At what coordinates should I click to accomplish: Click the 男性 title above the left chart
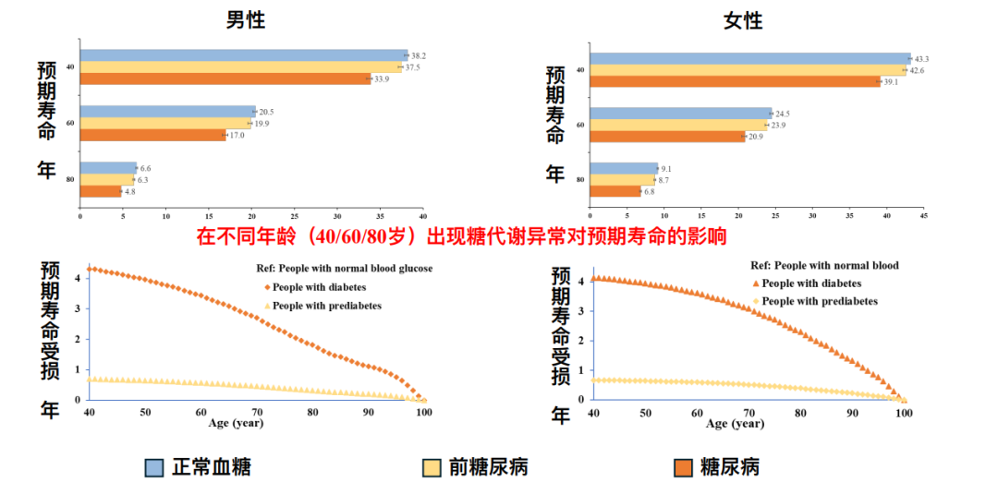(246, 19)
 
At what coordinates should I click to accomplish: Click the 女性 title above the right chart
(742, 19)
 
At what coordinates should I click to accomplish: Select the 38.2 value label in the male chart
(419, 56)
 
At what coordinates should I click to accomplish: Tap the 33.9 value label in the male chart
(382, 79)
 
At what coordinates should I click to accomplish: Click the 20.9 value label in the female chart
(756, 137)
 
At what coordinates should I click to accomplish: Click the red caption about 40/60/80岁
(461, 236)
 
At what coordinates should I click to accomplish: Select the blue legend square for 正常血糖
(154, 467)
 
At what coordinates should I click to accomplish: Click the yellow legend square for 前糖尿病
(431, 467)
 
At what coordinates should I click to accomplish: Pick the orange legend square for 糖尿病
(685, 467)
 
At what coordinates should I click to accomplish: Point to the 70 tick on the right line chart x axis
(748, 413)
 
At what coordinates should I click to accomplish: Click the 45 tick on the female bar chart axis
(923, 215)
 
